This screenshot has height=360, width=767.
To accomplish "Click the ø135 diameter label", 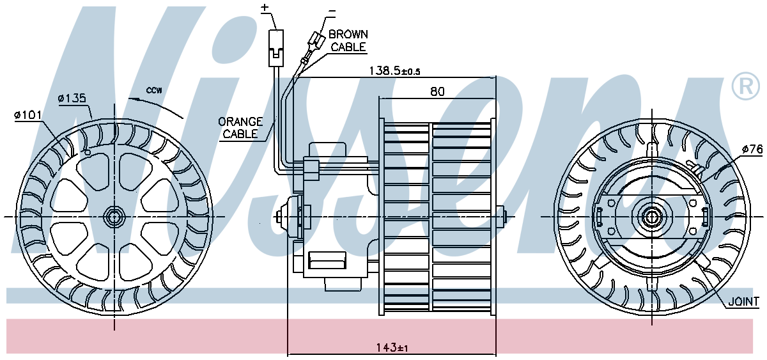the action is [x=72, y=98].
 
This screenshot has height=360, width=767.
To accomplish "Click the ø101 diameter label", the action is [x=28, y=114].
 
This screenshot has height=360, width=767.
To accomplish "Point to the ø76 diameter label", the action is [x=752, y=149].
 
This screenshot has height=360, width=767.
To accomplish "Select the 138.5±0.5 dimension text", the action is [x=394, y=70].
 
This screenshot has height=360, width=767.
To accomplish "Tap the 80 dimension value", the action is [x=437, y=91].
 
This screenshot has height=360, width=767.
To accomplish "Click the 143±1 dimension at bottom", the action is [x=392, y=348].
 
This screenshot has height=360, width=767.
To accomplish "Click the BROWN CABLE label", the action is [x=348, y=40].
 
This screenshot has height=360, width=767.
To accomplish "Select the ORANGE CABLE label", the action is [x=240, y=128].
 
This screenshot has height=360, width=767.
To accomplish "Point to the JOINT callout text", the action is [x=743, y=301].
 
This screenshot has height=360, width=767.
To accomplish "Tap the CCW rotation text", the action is [x=154, y=90].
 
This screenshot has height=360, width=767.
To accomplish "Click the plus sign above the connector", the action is [x=265, y=7].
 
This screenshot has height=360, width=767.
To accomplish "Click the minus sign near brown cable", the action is [x=332, y=11].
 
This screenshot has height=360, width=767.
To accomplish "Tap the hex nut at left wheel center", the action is [x=114, y=217].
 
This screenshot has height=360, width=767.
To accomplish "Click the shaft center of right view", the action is [x=651, y=217].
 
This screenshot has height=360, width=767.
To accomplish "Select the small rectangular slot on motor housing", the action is [x=327, y=260].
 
